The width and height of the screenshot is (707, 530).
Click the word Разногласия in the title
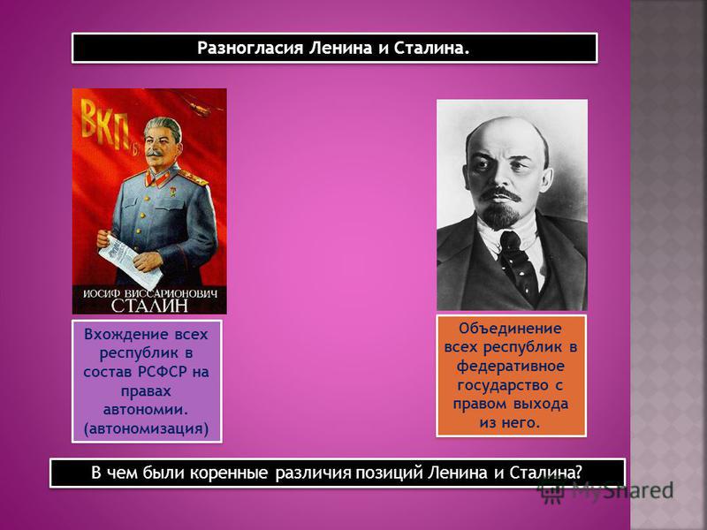coord(250,48)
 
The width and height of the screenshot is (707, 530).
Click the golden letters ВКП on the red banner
coord(105,125)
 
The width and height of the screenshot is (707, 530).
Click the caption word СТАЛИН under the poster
coord(149,305)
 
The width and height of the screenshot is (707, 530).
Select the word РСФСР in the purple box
coord(162,372)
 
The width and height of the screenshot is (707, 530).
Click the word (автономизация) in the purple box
coord(146,428)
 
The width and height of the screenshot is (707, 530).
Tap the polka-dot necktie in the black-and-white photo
coord(517,263)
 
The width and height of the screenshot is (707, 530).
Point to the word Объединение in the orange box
coord(510,329)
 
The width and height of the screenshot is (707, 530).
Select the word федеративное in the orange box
coord(510,366)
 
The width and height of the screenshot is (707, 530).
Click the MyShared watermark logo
coord(606,491)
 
